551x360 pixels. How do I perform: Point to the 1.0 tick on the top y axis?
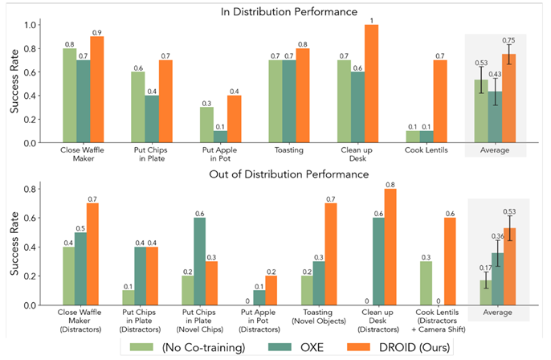(37, 25)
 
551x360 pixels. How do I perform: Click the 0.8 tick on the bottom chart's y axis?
(37, 189)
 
